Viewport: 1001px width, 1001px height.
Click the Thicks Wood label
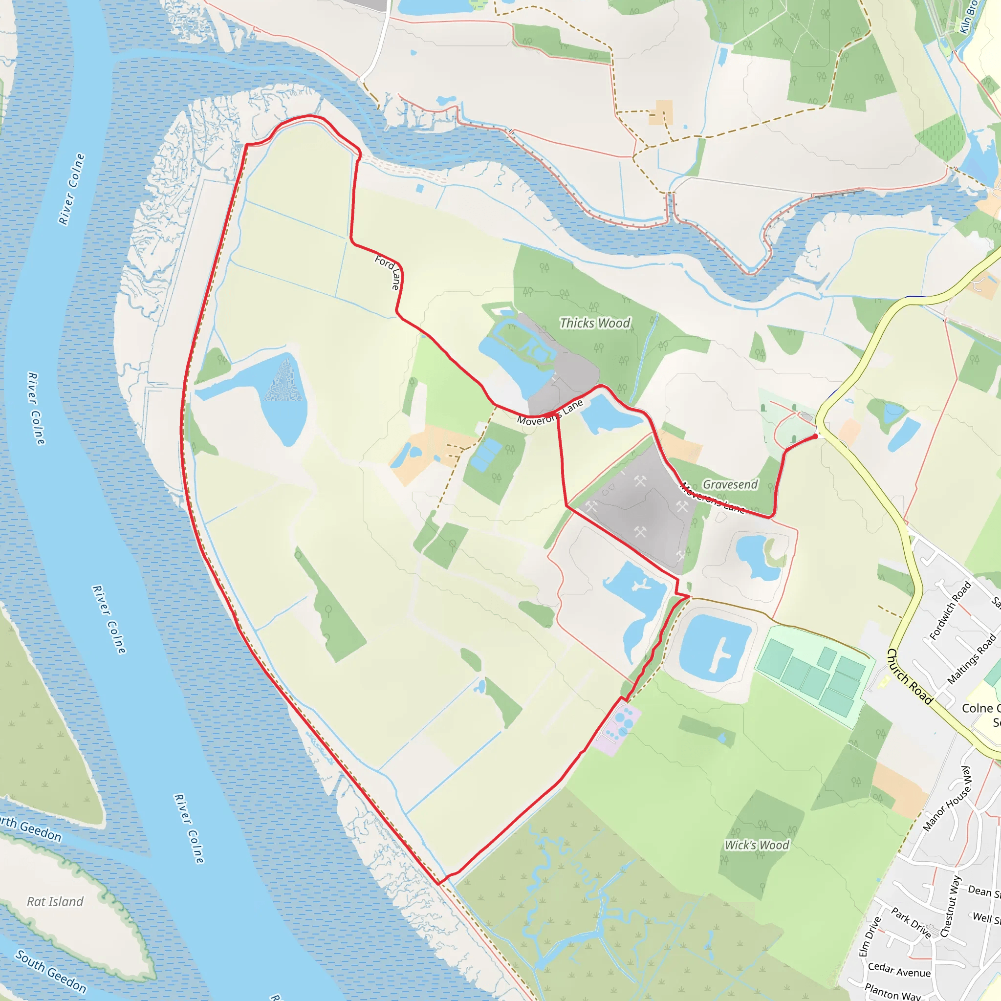595,323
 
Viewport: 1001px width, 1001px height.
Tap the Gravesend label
730,484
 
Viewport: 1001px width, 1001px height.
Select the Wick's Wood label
757,845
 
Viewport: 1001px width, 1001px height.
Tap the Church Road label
910,676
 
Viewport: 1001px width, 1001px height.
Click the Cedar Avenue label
899,969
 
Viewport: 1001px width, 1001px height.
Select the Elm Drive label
870,937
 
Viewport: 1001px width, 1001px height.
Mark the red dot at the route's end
815,436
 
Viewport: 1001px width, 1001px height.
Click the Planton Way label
892,991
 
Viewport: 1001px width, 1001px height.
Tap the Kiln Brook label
968,17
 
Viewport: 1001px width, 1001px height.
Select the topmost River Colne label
71,189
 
